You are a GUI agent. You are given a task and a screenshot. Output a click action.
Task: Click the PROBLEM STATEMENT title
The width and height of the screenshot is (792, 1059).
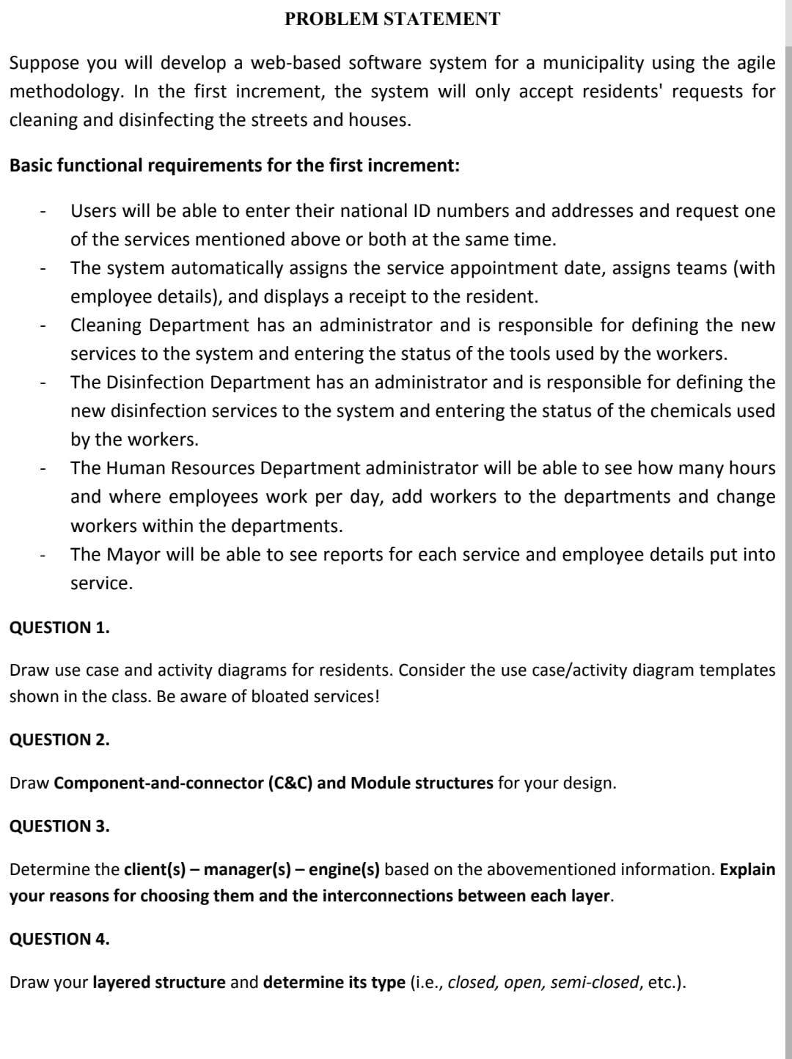392,19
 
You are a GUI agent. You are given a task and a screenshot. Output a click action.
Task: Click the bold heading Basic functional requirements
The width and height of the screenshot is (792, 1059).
235,166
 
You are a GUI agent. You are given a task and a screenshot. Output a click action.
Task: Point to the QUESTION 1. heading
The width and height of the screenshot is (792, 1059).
59,627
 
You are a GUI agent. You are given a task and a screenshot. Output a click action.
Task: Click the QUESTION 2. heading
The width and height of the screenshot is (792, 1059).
59,739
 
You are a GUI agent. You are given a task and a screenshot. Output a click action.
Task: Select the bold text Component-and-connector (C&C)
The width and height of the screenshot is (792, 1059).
183,783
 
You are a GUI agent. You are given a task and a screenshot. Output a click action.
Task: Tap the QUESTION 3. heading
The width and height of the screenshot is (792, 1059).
59,826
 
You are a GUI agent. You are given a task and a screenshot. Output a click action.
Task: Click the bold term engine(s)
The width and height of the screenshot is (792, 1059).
344,870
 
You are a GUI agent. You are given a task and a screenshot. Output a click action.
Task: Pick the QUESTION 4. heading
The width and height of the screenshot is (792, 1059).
59,939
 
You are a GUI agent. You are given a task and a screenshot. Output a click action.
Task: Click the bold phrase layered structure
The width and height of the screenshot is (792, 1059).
159,982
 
